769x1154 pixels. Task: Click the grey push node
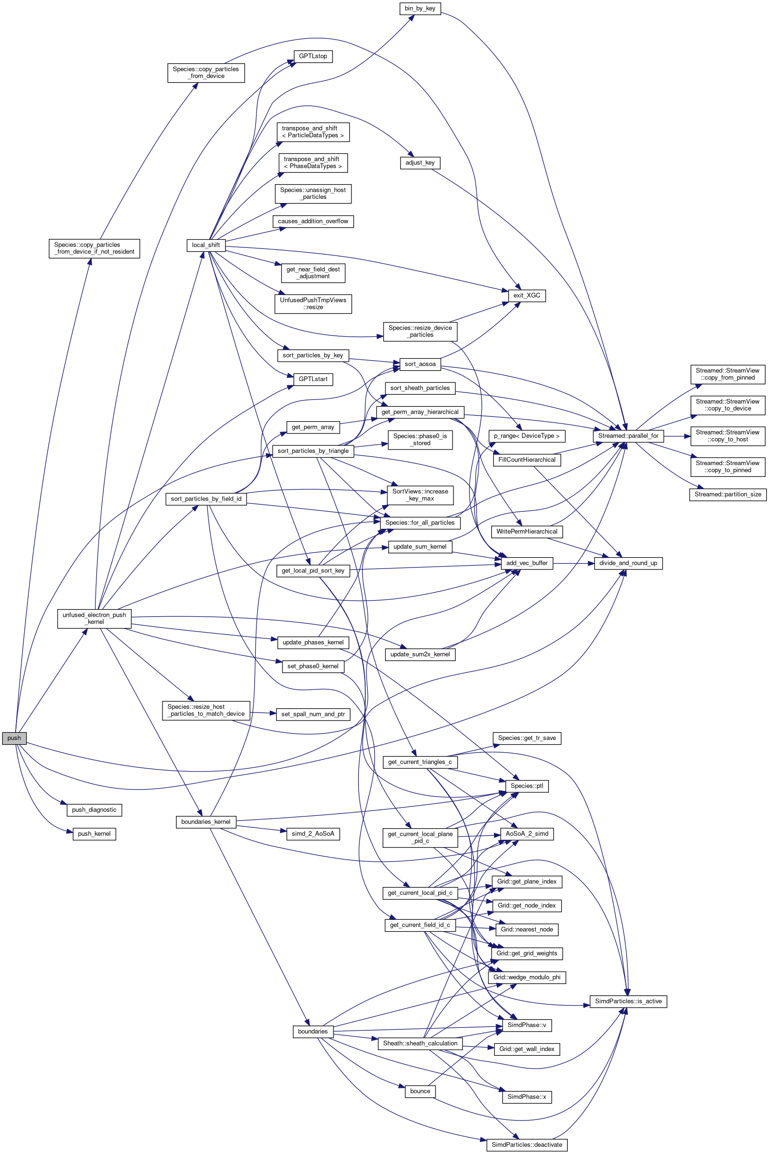(14, 738)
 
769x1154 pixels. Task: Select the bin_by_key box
(420, 8)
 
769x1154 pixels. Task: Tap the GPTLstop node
(313, 56)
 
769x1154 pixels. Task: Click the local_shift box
(206, 245)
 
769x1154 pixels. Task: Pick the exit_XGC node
(527, 296)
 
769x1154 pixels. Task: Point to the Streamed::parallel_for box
(628, 435)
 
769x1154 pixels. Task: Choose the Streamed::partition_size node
(728, 494)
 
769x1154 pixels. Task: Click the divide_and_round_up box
(628, 563)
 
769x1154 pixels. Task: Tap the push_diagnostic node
(94, 810)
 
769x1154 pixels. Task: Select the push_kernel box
(94, 833)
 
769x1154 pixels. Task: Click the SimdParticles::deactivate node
(527, 1145)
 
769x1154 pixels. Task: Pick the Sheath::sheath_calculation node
(420, 1043)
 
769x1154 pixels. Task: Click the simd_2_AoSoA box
(313, 833)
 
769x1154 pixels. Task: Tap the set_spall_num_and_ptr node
(313, 714)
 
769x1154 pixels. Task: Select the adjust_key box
(420, 163)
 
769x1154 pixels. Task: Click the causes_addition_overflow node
(313, 221)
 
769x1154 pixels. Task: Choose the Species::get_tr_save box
(527, 738)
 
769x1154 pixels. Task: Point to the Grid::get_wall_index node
(527, 1049)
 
